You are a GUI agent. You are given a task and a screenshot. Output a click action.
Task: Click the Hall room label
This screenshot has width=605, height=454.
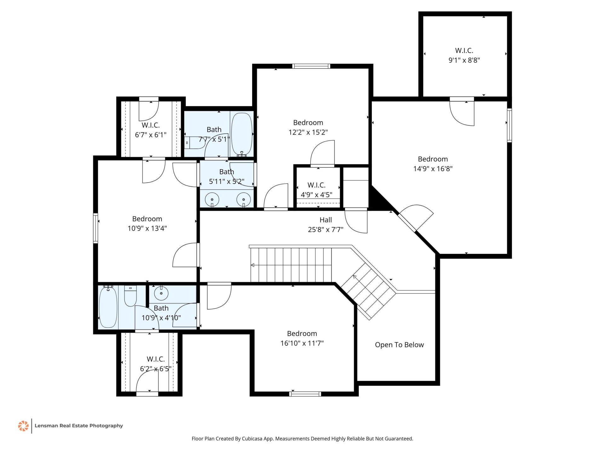[326, 220]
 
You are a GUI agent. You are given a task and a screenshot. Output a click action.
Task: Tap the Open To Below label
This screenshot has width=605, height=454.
[399, 345]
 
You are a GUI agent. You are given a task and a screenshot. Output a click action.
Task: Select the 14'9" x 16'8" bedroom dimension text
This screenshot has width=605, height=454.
[433, 169]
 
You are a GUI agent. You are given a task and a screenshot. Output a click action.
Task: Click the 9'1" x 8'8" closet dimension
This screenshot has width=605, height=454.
[464, 60]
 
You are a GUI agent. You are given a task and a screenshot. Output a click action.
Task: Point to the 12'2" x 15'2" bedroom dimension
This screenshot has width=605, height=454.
[308, 132]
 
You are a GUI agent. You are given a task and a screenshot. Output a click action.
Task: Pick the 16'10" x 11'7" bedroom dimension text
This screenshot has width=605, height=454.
[302, 343]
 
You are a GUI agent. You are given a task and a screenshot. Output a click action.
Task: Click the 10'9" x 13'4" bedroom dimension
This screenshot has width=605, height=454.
[147, 228]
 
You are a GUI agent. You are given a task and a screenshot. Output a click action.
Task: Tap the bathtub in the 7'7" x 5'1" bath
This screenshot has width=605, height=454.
[242, 134]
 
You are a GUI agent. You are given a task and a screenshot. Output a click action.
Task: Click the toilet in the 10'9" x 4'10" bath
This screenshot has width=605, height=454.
[130, 296]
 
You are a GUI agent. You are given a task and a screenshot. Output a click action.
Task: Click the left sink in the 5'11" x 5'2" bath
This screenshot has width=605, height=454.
[212, 200]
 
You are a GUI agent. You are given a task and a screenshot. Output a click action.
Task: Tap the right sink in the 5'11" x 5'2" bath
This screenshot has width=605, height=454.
[244, 200]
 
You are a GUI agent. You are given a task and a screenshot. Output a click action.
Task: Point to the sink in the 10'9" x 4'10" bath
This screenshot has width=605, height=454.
[161, 293]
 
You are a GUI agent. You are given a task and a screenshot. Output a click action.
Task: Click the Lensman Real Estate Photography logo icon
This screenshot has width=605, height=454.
[23, 426]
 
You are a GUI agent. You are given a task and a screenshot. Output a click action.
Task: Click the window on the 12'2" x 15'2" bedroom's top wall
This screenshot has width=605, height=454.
[311, 66]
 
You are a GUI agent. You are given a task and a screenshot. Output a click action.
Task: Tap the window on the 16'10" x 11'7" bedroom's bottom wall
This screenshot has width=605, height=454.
[305, 394]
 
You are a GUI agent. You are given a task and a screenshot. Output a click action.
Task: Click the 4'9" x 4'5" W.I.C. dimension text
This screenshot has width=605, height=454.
[317, 195]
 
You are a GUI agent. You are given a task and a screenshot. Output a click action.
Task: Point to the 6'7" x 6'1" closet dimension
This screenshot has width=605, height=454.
[151, 135]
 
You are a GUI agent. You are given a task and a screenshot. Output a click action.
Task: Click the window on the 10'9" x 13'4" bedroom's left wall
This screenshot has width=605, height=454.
[95, 228]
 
